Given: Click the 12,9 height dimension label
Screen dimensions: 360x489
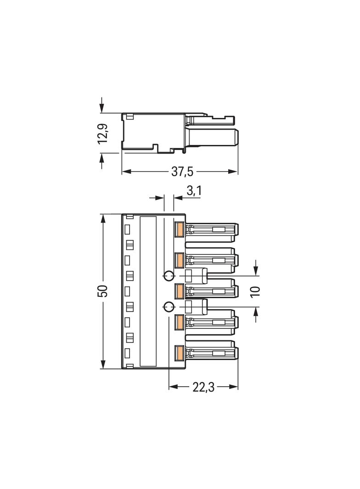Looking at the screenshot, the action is pyautogui.click(x=103, y=133).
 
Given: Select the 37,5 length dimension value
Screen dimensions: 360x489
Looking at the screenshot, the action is pyautogui.click(x=182, y=172).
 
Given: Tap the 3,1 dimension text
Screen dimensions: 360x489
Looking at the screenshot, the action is pyautogui.click(x=194, y=191).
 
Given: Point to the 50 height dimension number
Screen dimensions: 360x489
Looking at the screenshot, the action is pyautogui.click(x=104, y=291).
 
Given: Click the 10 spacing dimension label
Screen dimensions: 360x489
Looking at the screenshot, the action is pyautogui.click(x=255, y=291).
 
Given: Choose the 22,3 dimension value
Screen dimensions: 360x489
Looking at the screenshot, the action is pyautogui.click(x=203, y=387).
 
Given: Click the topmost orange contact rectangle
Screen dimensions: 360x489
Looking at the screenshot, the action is pyautogui.click(x=179, y=230).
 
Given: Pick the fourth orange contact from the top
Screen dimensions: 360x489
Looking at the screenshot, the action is pyautogui.click(x=179, y=322).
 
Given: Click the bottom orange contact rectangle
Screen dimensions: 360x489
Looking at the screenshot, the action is pyautogui.click(x=179, y=353).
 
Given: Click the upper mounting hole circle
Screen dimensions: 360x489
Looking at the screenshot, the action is pyautogui.click(x=169, y=276).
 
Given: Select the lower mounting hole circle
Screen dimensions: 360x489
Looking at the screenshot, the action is pyautogui.click(x=169, y=307).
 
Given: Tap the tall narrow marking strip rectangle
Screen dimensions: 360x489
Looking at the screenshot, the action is pyautogui.click(x=148, y=291).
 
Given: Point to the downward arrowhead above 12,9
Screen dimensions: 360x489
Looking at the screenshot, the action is pyautogui.click(x=101, y=108).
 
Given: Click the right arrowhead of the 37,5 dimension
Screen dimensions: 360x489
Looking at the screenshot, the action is pyautogui.click(x=233, y=171).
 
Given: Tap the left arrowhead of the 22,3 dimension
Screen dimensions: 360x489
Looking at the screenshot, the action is pyautogui.click(x=173, y=387).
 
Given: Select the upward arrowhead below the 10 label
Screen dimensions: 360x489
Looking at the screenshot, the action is pyautogui.click(x=256, y=312).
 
